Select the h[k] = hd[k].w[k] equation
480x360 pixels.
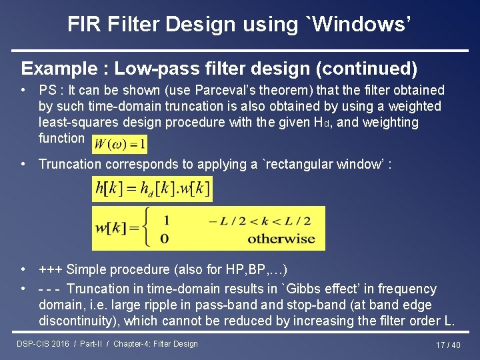tap(153, 189)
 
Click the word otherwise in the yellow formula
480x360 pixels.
tap(281, 239)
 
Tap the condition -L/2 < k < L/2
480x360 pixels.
tap(259, 221)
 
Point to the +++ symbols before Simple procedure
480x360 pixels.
tap(51, 270)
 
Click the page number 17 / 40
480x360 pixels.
tap(448, 345)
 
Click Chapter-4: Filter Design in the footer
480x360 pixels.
tap(155, 344)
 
